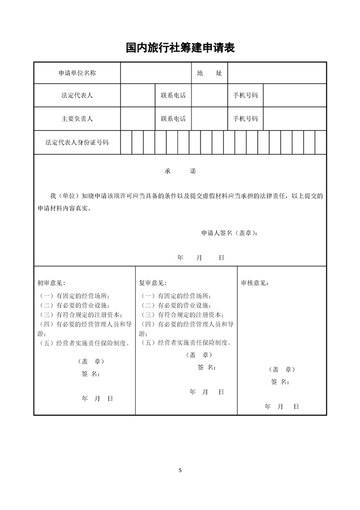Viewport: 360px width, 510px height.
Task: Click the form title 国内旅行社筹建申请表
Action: pyautogui.click(x=180, y=48)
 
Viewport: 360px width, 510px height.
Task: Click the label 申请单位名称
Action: pyautogui.click(x=77, y=73)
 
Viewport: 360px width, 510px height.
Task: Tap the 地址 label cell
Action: pyautogui.click(x=209, y=73)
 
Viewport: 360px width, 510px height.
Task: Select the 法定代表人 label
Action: pyautogui.click(x=77, y=95)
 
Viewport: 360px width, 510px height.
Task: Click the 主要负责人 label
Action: pyautogui.click(x=77, y=119)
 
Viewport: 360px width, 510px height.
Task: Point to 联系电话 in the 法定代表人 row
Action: pyautogui.click(x=173, y=95)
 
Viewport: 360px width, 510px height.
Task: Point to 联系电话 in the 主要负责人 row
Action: pyautogui.click(x=173, y=119)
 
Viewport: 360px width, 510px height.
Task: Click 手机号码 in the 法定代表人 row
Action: pyautogui.click(x=245, y=95)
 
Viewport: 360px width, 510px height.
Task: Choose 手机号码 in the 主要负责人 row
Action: pyautogui.click(x=245, y=119)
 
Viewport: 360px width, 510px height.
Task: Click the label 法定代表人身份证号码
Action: pyautogui.click(x=77, y=142)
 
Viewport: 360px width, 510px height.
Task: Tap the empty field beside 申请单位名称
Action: pyautogui.click(x=155, y=73)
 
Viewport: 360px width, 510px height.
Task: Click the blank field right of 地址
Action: pyautogui.click(x=277, y=73)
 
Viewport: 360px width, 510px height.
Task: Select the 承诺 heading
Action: pyautogui.click(x=180, y=171)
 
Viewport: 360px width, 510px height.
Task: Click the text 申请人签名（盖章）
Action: pyautogui.click(x=229, y=233)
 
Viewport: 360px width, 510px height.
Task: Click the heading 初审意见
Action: pyautogui.click(x=51, y=282)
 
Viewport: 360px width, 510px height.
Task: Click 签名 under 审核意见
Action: pyautogui.click(x=280, y=381)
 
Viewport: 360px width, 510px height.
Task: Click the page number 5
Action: pyautogui.click(x=180, y=470)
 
